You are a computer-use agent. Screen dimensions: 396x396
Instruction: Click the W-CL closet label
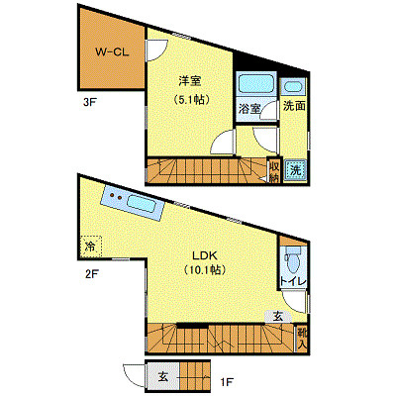108,52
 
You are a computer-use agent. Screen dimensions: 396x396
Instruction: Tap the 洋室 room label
189,81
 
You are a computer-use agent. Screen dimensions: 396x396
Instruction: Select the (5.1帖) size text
189,99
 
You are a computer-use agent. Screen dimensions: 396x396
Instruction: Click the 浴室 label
249,109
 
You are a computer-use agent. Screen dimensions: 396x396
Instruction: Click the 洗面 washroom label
293,105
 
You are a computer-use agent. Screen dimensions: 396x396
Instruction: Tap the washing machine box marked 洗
294,170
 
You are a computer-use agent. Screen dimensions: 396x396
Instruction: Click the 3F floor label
90,101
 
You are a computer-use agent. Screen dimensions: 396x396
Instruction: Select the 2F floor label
90,274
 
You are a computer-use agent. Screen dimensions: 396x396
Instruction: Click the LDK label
204,251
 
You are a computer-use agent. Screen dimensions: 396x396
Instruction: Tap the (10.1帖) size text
204,268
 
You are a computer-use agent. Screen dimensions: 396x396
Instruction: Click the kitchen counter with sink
131,204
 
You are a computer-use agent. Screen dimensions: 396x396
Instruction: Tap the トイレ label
292,283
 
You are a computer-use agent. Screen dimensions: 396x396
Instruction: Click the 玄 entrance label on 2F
278,316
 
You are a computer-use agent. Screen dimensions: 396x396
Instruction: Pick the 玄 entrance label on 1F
162,376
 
